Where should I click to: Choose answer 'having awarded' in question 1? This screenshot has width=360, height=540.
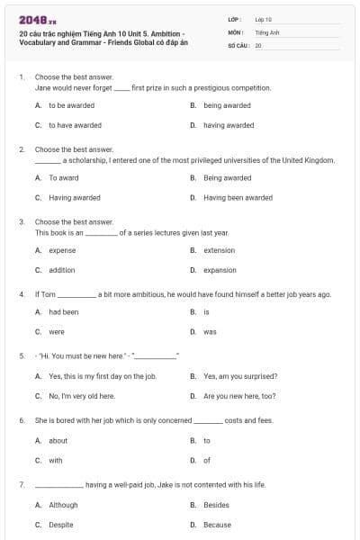coord(229,125)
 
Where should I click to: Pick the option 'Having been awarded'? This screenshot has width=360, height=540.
coord(238,197)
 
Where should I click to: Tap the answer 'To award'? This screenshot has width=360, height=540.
coord(65,177)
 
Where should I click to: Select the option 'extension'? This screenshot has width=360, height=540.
coord(219,250)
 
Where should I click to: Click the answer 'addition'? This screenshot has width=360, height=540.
coord(62,270)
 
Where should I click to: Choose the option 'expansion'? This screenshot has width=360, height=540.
coord(220,270)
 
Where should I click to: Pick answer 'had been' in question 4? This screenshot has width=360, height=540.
coord(64,311)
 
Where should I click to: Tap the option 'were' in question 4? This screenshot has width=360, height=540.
coord(56,331)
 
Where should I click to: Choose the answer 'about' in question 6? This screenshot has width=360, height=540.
coord(58,440)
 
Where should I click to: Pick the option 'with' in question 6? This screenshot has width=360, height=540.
coord(56,460)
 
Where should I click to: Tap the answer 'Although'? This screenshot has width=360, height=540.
coord(63,505)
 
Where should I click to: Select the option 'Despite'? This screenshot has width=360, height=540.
coord(61,525)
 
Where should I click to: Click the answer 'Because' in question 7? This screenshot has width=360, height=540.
coord(217,525)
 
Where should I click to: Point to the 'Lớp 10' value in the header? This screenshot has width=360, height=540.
coord(264,19)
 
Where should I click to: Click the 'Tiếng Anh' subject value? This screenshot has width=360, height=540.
coord(265,31)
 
